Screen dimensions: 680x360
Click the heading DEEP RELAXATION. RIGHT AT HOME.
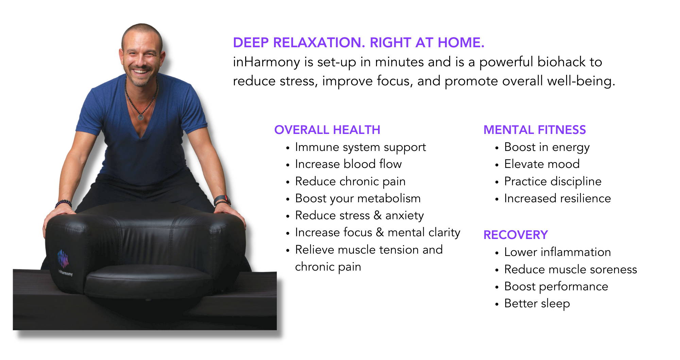(x=359, y=42)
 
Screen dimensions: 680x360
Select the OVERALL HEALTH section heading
(x=327, y=130)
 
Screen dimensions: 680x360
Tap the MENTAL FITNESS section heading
(x=534, y=130)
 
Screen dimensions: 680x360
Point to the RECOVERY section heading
(x=515, y=235)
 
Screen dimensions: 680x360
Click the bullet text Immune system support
(x=360, y=148)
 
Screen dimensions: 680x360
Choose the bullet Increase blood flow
(x=348, y=164)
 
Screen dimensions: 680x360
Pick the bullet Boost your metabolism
(x=358, y=199)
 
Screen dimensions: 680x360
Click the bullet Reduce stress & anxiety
(x=359, y=216)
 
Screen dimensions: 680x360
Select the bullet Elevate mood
(x=542, y=164)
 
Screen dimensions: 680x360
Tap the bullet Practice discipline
(x=553, y=182)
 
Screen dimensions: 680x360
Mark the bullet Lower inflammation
(x=558, y=252)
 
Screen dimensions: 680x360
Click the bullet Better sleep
(x=537, y=304)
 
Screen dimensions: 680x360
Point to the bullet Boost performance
(x=556, y=287)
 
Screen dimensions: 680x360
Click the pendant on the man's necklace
(x=140, y=117)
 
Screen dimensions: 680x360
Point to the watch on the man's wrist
(x=222, y=199)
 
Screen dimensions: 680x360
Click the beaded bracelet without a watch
(x=63, y=204)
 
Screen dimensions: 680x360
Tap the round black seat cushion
(x=149, y=283)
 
